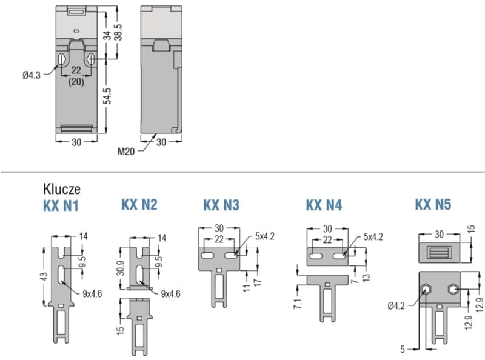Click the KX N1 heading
[61, 205]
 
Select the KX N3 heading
[221, 205]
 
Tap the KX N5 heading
[433, 204]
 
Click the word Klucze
[62, 189]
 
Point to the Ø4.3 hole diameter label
[32, 75]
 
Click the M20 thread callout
[126, 152]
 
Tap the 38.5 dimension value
[118, 32]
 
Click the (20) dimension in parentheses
[76, 82]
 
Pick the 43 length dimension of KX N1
[45, 276]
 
